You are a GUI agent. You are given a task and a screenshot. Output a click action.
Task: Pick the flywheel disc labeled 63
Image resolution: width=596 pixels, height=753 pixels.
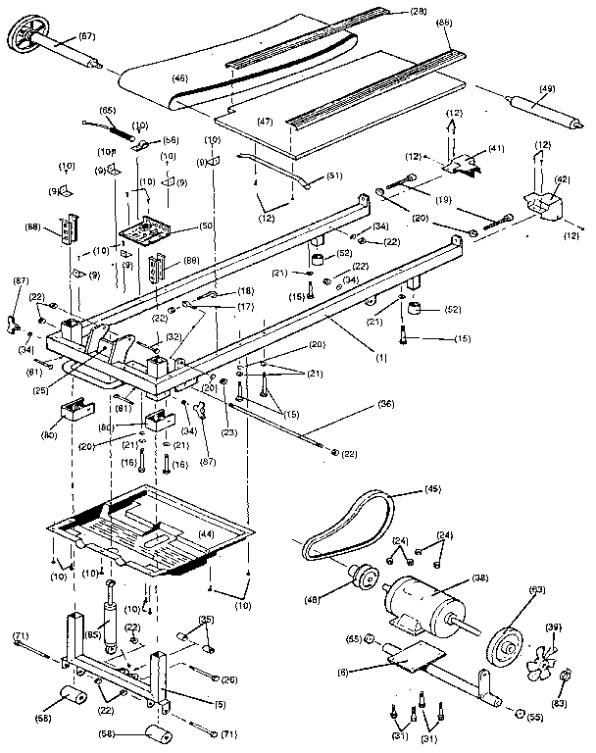[x=510, y=644]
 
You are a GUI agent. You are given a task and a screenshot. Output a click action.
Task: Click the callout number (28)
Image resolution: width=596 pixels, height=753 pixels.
[x=420, y=11]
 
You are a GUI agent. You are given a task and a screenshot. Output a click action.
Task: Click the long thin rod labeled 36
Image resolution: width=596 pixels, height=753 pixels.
[x=284, y=427]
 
